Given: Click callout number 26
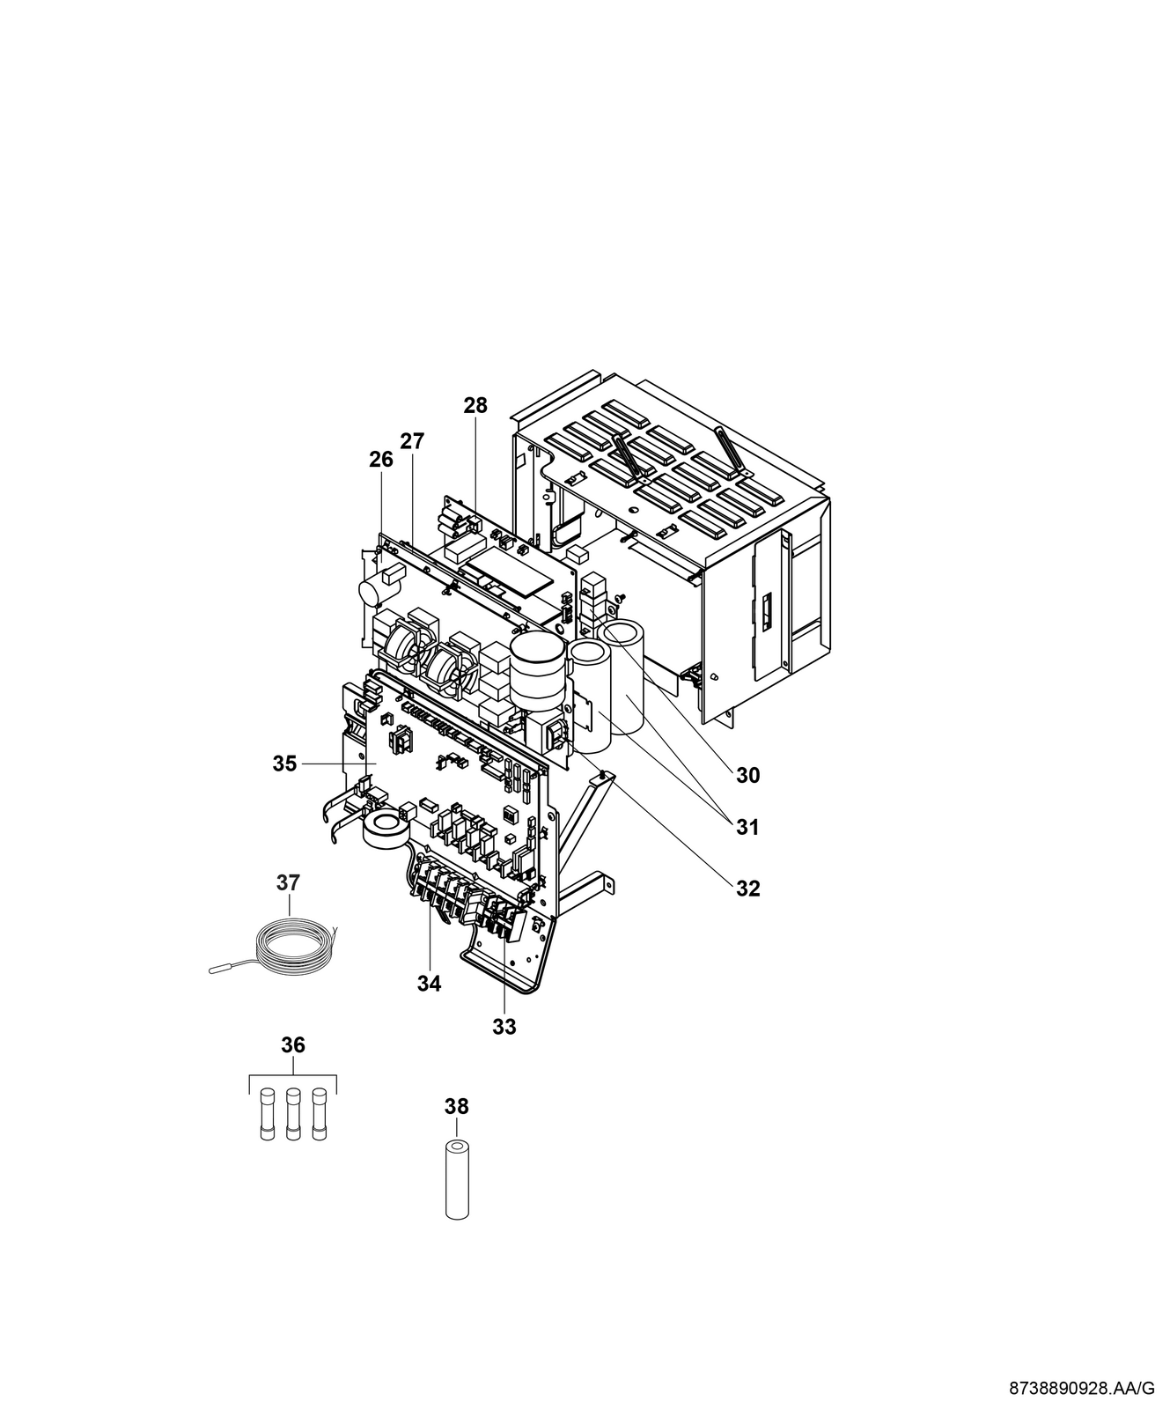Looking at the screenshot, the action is pos(381,459).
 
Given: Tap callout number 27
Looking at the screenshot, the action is pos(411,441).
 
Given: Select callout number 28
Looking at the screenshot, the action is pos(475,405).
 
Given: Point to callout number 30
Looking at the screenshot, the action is pos(747,775).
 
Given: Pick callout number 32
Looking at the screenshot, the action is pos(747,889).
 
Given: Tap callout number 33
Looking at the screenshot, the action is pos(504,1026).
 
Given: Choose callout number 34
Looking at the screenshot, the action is pos(429,984).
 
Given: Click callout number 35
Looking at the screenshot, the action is pos(284,764).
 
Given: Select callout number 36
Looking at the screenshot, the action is pos(293,1044).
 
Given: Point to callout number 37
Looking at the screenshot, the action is pos(288,882).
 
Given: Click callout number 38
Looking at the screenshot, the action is pos(457,1106).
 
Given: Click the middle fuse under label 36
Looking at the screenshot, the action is pos(293,1116).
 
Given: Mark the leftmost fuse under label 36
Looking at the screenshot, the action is pos(268,1116).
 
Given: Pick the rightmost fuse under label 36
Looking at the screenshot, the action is pos(319,1116).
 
